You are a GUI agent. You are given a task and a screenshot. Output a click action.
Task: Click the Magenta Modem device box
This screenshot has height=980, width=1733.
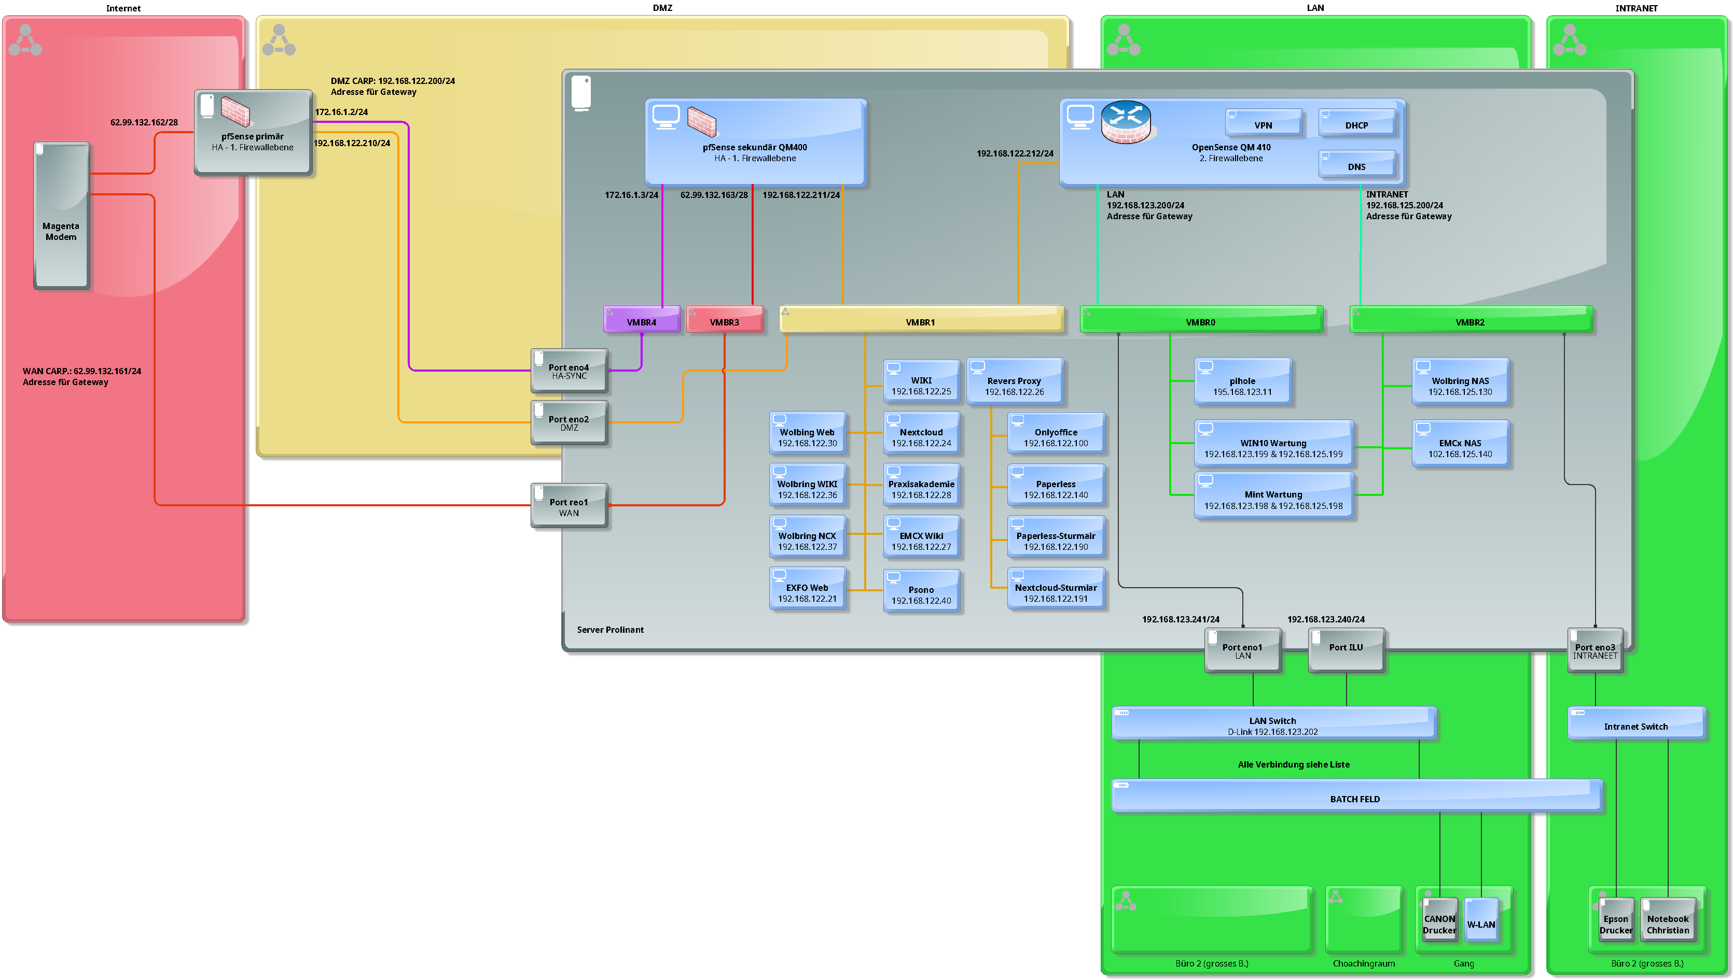point(61,216)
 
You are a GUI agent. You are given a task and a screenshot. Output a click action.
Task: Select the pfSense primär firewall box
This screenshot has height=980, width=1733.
point(253,133)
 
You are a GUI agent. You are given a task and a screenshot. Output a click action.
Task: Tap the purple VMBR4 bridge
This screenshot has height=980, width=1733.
point(642,320)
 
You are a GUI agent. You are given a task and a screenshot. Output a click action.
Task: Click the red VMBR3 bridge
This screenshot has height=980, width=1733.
point(725,320)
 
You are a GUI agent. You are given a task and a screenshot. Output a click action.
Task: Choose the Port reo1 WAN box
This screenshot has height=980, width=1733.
point(569,506)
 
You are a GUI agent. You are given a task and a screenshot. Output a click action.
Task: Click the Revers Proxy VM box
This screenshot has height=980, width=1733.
point(1015,381)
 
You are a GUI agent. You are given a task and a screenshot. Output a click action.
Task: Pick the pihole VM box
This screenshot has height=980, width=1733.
point(1243,381)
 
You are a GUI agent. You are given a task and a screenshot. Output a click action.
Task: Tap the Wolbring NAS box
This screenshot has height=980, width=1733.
point(1460,381)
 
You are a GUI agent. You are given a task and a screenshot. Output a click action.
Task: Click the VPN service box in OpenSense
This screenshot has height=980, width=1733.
point(1264,122)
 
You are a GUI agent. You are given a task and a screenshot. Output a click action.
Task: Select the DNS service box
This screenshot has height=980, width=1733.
point(1356,164)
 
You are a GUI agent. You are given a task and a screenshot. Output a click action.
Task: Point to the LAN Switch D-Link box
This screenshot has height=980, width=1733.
point(1273,723)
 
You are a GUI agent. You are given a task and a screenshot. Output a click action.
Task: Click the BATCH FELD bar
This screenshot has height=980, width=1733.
point(1356,796)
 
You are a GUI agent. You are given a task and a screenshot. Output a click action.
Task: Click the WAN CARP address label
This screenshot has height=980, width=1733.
point(81,377)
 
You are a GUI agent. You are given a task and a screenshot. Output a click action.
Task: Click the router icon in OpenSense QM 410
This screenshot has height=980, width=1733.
point(1126,122)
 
